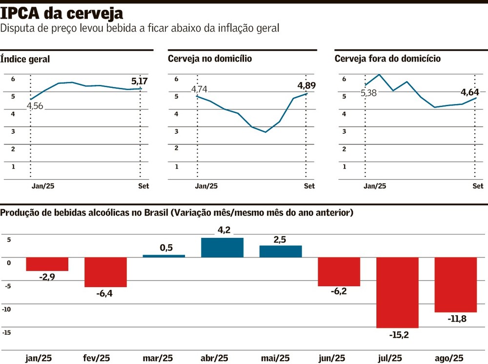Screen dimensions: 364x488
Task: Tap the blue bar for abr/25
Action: tap(222, 247)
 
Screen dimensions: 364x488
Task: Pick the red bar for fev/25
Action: tap(105, 272)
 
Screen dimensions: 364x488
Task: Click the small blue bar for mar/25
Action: tap(164, 256)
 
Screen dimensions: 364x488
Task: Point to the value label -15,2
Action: tap(399, 335)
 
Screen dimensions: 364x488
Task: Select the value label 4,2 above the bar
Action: tap(223, 230)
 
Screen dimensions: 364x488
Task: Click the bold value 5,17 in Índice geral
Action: tap(140, 81)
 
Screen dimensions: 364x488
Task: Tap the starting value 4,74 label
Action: tap(199, 89)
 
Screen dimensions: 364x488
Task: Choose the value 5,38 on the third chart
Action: tap(368, 92)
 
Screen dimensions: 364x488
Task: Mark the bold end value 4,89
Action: tap(306, 86)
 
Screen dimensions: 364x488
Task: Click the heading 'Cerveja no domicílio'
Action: tap(210, 59)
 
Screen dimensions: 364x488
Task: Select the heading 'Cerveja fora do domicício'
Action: tap(387, 59)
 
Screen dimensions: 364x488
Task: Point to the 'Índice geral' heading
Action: tap(25, 59)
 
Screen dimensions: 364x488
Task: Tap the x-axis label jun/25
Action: tap(339, 358)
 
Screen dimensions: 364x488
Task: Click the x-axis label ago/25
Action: tap(455, 358)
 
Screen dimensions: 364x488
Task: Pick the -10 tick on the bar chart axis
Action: tap(7, 309)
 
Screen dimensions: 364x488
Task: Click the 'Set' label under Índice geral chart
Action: tap(143, 186)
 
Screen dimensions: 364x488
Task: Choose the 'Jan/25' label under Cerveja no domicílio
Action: tap(207, 186)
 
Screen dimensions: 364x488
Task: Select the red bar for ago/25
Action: tap(456, 284)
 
